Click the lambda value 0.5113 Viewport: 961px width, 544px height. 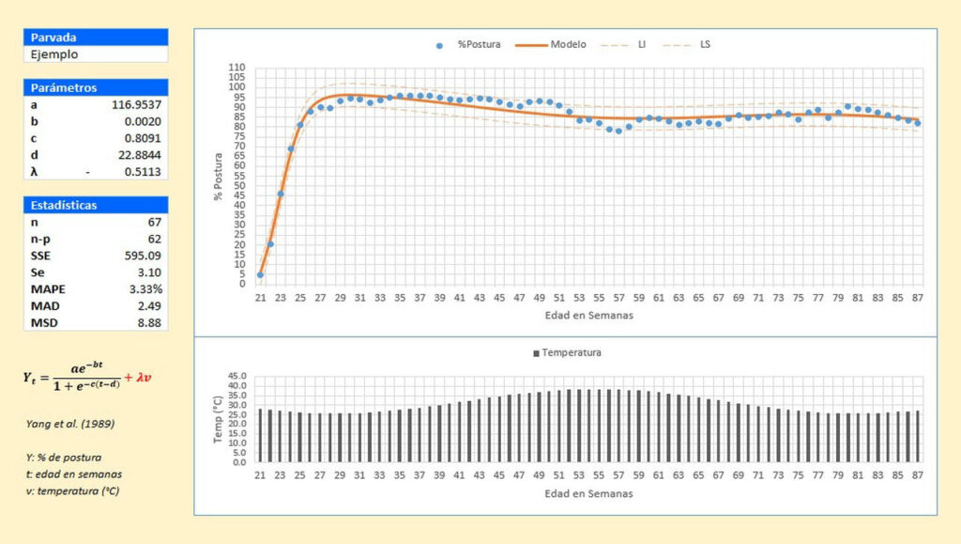pyautogui.click(x=143, y=172)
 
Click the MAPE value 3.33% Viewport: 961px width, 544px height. pyautogui.click(x=144, y=288)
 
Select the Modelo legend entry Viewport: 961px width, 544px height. pyautogui.click(x=555, y=44)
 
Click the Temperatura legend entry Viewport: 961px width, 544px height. pyautogui.click(x=567, y=352)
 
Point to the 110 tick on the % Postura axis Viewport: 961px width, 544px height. pyautogui.click(x=237, y=68)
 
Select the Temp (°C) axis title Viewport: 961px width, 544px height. pyautogui.click(x=218, y=418)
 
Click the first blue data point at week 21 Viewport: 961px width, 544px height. pyautogui.click(x=260, y=274)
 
